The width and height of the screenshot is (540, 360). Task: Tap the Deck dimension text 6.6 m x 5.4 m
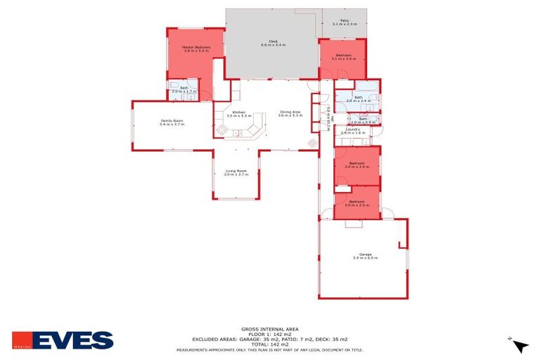coord(274,44)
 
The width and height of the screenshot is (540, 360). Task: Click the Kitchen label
coord(239,113)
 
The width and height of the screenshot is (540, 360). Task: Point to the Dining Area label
coord(290,113)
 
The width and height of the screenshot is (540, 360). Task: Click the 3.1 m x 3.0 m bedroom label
coord(343,56)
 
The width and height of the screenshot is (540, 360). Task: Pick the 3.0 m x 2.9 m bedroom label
coord(356,165)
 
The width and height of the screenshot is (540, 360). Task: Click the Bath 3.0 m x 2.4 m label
coord(358,99)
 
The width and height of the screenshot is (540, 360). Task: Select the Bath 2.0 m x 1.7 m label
coord(184,89)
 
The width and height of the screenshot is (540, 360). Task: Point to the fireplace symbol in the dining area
coord(312,143)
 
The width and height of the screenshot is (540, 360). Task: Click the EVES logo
coord(63,340)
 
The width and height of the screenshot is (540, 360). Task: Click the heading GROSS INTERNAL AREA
coord(269,329)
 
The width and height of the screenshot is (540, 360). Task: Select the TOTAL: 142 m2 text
coord(269,344)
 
